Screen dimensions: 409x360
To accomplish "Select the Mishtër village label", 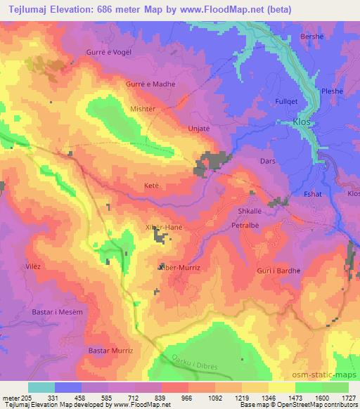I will pyautogui.click(x=143, y=109).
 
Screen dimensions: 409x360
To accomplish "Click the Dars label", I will pyautogui.click(x=267, y=161).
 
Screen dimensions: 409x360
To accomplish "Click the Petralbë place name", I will pyautogui.click(x=245, y=226).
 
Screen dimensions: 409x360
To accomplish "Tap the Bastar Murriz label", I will pyautogui.click(x=111, y=349).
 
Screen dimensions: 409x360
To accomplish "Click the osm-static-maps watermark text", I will pyautogui.click(x=322, y=376).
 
